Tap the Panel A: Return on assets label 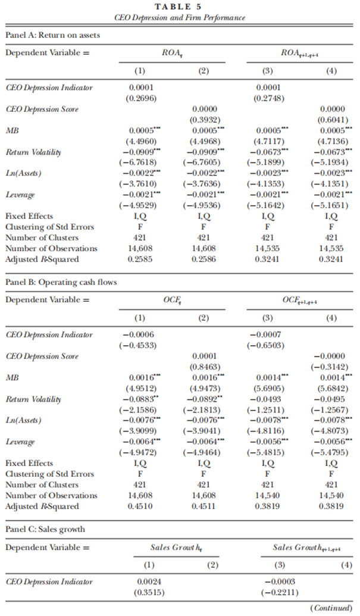pos(53,35)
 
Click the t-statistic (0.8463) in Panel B pos(204,366)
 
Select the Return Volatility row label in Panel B pos(34,399)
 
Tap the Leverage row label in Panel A pos(20,195)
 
